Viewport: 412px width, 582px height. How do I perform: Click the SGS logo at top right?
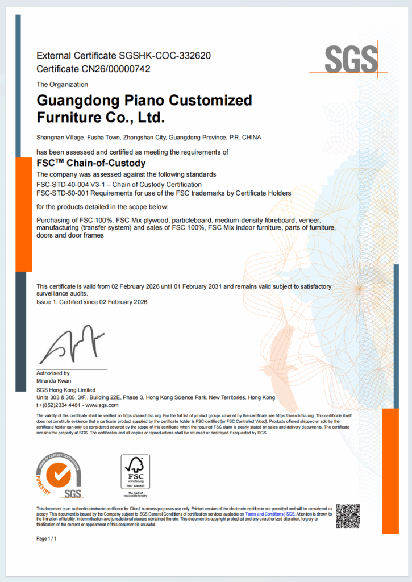click(x=351, y=59)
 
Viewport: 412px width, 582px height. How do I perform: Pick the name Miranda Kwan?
click(x=54, y=380)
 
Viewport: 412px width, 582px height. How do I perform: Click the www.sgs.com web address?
click(x=102, y=405)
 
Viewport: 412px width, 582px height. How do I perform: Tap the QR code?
click(x=348, y=516)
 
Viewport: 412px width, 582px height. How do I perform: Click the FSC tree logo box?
click(x=135, y=472)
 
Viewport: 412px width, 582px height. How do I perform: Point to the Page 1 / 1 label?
click(x=47, y=538)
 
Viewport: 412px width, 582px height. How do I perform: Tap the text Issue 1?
click(x=47, y=302)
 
